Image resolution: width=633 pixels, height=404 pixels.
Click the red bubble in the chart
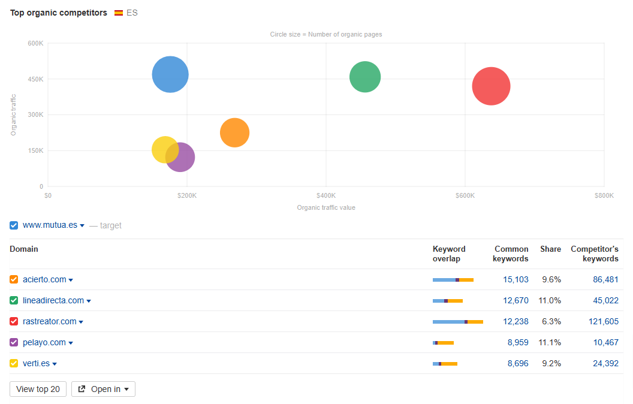click(x=491, y=86)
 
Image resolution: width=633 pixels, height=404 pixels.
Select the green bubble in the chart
click(x=365, y=77)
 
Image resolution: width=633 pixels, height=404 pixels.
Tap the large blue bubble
click(x=170, y=74)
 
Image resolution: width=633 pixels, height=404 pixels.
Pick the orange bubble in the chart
click(x=234, y=132)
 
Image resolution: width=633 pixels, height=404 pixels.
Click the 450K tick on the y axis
click(x=35, y=79)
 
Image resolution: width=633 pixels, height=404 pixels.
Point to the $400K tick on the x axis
click(x=326, y=195)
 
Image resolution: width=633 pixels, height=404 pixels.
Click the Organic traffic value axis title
click(x=326, y=207)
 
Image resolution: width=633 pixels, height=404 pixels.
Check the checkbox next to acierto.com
click(x=14, y=279)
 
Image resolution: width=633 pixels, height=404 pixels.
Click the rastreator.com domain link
click(x=50, y=321)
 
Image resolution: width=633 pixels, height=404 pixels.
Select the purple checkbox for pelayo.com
click(x=14, y=342)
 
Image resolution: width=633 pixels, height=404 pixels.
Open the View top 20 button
click(x=38, y=389)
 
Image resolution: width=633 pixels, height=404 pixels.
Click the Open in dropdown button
click(x=103, y=389)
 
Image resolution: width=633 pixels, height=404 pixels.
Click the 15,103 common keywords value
click(x=516, y=279)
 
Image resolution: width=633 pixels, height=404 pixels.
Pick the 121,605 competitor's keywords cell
click(x=603, y=321)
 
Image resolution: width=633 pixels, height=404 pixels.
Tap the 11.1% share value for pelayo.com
click(x=550, y=342)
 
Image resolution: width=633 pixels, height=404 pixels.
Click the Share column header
click(x=550, y=249)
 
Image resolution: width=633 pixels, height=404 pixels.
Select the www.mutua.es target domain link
click(x=50, y=225)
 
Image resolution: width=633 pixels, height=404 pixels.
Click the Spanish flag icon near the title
click(x=119, y=13)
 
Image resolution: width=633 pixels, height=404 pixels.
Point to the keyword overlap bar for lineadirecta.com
click(x=447, y=300)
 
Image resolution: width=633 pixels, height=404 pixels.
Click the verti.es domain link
click(x=36, y=363)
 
